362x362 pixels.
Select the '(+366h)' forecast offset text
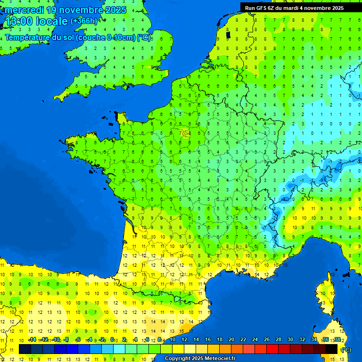coord(83,21)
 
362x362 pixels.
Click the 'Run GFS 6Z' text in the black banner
coord(260,8)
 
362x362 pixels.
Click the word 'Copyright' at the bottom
coord(178,359)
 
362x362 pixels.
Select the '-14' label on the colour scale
coord(32,340)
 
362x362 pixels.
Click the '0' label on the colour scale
coord(112,340)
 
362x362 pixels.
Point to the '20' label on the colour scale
coord(231,340)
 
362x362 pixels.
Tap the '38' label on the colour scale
coord(337,340)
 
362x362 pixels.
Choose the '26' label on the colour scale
coord(267,340)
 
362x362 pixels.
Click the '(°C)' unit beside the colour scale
coord(346,349)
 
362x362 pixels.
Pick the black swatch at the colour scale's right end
coord(331,349)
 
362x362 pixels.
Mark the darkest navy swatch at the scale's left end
coord(25,349)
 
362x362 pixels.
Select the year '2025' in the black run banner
coord(336,8)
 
